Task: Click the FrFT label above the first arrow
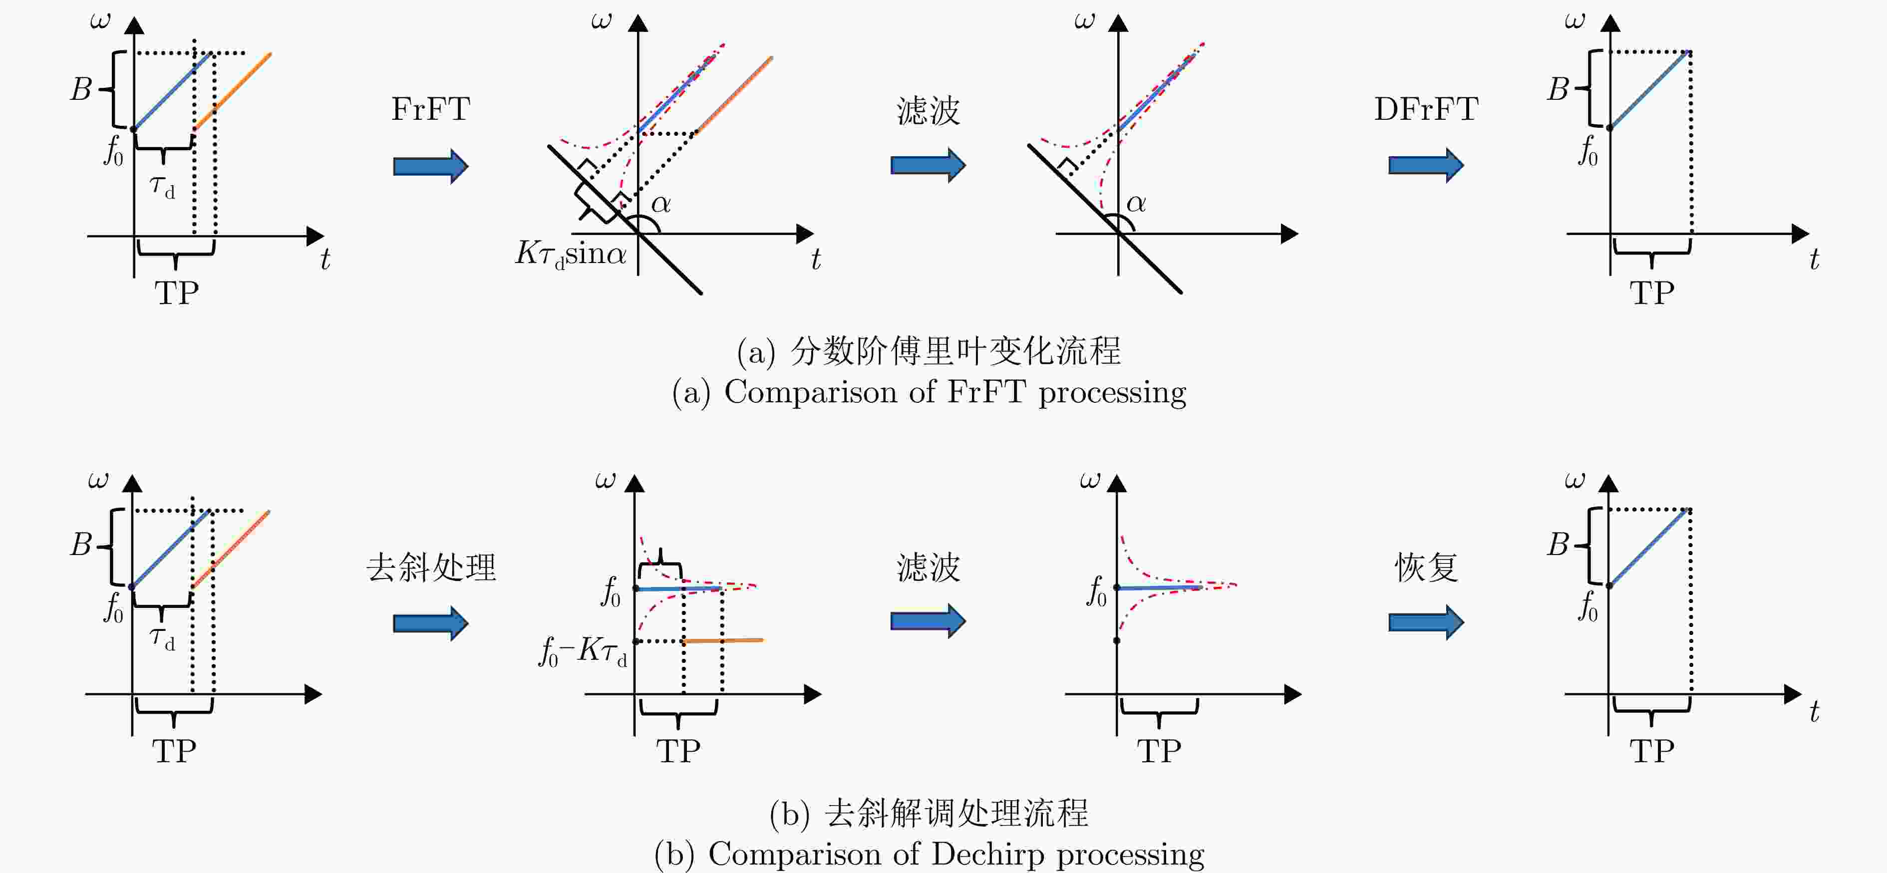(x=431, y=109)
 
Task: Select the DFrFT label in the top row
(x=1426, y=109)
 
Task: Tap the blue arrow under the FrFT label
(x=431, y=166)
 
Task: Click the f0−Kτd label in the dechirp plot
(x=583, y=650)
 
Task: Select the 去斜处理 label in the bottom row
(x=431, y=568)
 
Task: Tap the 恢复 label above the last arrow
(x=1426, y=568)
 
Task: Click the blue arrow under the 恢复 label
(x=1426, y=622)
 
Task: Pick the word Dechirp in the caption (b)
(x=987, y=854)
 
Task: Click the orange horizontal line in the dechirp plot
(x=723, y=641)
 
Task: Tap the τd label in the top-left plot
(x=163, y=188)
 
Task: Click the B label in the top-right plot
(x=1558, y=89)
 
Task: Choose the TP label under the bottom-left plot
(x=174, y=751)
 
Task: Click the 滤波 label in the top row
(x=928, y=111)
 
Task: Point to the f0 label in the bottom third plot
(x=1097, y=592)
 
